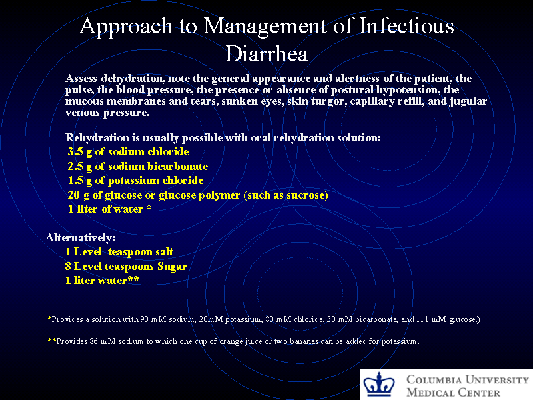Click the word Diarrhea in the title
(x=266, y=52)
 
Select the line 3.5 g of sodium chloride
(x=128, y=152)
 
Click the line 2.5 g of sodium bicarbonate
(x=138, y=166)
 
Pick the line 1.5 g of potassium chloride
(x=136, y=181)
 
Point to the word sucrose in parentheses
(x=304, y=195)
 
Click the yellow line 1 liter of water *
(x=110, y=209)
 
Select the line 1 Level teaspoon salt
(x=119, y=251)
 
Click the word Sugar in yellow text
(x=171, y=266)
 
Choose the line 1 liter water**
(x=102, y=280)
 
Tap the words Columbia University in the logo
(x=468, y=379)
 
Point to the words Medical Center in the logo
(x=453, y=392)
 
